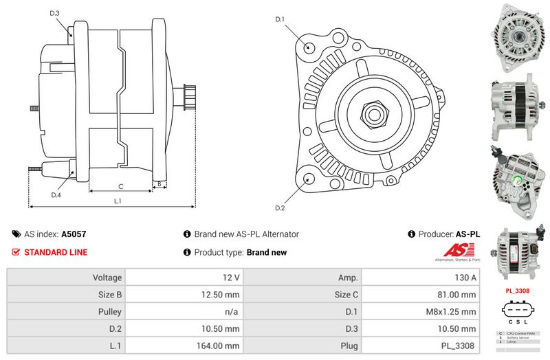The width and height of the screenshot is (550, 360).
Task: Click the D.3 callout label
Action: click(55, 14)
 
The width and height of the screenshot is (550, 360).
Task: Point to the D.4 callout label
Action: click(56, 194)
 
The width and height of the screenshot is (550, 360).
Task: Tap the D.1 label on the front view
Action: click(280, 19)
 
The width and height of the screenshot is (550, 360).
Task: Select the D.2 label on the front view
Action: click(280, 207)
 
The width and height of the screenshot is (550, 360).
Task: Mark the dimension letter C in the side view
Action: click(120, 186)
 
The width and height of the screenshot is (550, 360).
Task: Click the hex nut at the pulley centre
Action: click(377, 111)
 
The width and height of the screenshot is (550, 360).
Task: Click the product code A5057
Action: click(74, 234)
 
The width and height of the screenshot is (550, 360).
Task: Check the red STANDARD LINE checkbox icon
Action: click(16, 252)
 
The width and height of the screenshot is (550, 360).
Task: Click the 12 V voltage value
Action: click(232, 278)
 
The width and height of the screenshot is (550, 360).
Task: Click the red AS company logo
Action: click(458, 251)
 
